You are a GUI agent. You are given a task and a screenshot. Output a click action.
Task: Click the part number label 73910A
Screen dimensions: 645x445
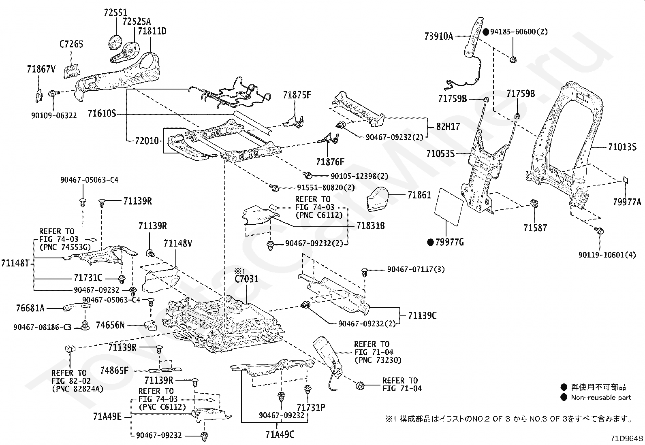click(438, 36)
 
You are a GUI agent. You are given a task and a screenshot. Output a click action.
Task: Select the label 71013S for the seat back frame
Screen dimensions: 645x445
click(622, 147)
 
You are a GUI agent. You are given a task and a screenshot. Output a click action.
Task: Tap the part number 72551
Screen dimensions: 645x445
click(115, 13)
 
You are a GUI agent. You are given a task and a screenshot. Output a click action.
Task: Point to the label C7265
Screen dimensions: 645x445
click(71, 44)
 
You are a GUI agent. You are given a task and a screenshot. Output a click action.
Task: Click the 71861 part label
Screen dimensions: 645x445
click(419, 195)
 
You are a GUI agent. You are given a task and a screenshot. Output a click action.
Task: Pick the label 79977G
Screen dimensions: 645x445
click(449, 243)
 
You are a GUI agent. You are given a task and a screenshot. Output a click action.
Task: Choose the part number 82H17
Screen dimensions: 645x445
click(448, 126)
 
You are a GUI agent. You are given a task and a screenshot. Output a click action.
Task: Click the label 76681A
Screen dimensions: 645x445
click(30, 308)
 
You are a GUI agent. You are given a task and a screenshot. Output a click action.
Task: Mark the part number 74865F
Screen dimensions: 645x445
click(114, 370)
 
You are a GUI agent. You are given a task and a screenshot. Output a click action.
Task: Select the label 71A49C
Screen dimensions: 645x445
click(280, 434)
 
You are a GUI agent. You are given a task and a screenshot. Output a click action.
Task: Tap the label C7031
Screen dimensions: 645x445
click(246, 279)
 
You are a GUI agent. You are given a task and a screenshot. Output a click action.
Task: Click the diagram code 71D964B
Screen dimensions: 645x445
click(627, 439)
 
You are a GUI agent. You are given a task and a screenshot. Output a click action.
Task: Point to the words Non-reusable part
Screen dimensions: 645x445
click(601, 398)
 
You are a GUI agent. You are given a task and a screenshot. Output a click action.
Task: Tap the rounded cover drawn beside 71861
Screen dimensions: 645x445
click(378, 199)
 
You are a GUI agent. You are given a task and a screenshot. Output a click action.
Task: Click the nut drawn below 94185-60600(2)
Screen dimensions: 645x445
click(513, 60)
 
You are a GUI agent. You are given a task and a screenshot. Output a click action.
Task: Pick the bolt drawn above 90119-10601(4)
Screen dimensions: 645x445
click(599, 230)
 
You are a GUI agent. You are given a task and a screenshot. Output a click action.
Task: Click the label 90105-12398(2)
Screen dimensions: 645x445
click(359, 176)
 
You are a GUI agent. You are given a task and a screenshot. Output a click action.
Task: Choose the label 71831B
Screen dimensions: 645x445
click(370, 226)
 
